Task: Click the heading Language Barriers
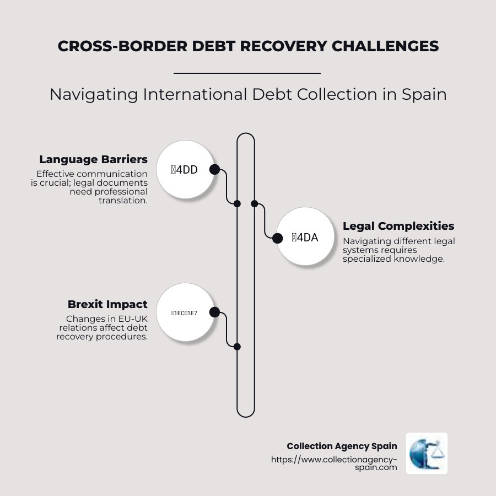[x=93, y=159]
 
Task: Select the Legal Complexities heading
[x=398, y=226]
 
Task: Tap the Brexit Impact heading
[x=107, y=304]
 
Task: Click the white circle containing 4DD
[x=185, y=170]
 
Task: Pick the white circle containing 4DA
[x=305, y=238]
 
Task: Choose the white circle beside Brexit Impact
[x=185, y=312]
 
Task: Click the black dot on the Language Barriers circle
[x=214, y=170]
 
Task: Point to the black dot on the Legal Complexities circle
[x=277, y=238]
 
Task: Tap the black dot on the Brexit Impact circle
[x=214, y=312]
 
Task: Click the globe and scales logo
[x=427, y=453]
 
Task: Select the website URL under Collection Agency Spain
[x=334, y=463]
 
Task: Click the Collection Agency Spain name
[x=342, y=446]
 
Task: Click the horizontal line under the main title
[x=247, y=73]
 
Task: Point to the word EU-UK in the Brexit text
[x=133, y=319]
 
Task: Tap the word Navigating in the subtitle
[x=94, y=94]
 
